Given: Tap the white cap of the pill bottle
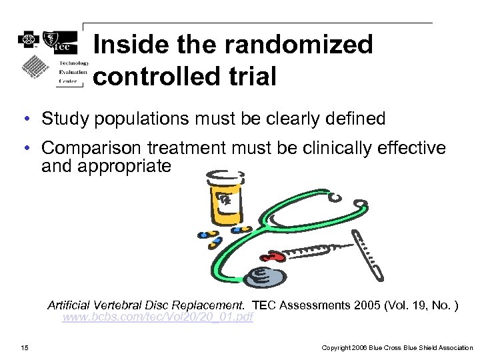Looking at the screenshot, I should tap(222, 177).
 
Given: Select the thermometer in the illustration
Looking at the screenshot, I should tap(369, 253).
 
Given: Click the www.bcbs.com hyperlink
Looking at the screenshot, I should tap(157, 317).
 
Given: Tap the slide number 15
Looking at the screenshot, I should tap(25, 347).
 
